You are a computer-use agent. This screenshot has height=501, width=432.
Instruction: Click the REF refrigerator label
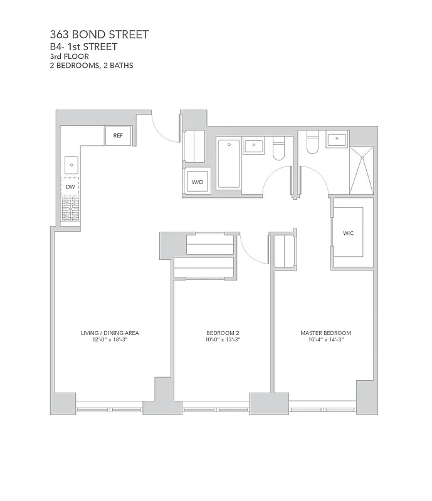(118, 135)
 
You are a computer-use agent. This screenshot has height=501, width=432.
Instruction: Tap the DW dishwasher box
(70, 187)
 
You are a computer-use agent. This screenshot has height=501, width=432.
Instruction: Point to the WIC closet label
(348, 233)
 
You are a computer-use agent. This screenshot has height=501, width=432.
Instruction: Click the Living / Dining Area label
(110, 333)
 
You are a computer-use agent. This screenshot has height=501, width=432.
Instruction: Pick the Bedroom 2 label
(223, 333)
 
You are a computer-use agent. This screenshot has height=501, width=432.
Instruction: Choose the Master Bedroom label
(325, 333)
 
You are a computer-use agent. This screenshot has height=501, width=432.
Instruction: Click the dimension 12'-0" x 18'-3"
(110, 339)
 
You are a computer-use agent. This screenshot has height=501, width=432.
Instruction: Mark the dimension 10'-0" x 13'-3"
(223, 339)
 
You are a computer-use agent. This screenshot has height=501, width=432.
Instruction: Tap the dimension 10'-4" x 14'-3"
(325, 339)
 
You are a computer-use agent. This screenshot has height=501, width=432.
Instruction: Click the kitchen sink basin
(71, 165)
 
